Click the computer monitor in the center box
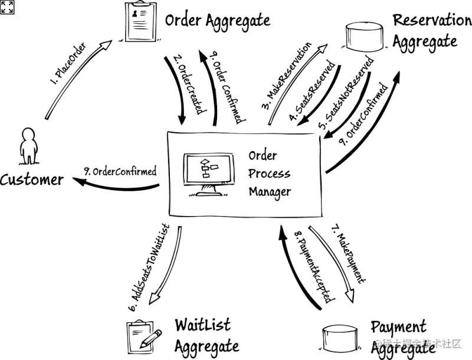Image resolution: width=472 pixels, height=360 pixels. tap(206, 174)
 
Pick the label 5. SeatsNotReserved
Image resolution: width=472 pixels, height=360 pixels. tap(346, 93)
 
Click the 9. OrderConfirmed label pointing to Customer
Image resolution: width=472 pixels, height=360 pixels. tap(120, 172)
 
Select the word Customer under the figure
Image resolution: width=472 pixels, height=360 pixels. tap(32, 179)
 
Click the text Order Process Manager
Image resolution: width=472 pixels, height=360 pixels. tap(269, 174)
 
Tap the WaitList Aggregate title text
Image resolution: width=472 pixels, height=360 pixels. tap(206, 335)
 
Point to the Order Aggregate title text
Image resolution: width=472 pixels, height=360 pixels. tap(217, 21)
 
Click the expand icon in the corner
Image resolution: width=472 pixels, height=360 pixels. tap(7, 6)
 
